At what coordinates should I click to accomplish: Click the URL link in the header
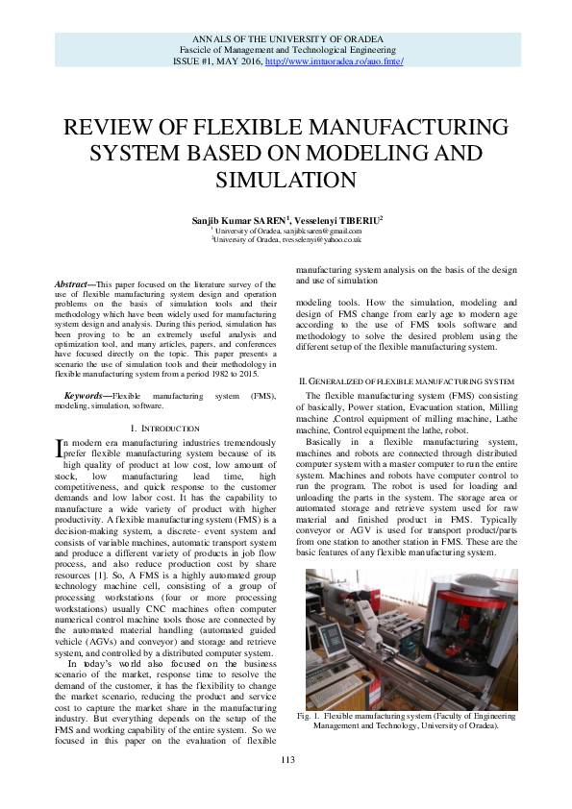[334, 61]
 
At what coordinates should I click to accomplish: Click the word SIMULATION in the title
[286, 180]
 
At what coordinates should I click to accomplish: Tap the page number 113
[286, 760]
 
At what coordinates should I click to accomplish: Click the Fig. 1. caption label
[308, 717]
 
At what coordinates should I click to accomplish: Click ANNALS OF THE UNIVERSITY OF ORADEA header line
[286, 38]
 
